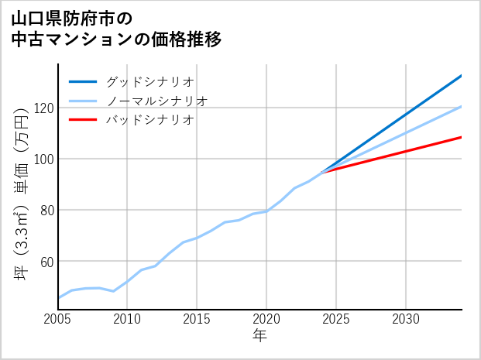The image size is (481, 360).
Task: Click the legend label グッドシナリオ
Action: (149, 81)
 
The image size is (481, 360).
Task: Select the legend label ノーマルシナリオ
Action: (156, 101)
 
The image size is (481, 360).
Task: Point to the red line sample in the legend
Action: (83, 120)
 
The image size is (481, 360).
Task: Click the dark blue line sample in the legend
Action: (83, 81)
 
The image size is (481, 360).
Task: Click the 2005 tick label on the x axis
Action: (58, 319)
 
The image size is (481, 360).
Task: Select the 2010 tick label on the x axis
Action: (127, 319)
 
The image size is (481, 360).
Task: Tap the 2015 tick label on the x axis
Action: (197, 319)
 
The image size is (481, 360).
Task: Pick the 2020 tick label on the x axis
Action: (266, 319)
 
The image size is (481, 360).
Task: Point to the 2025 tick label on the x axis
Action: (336, 319)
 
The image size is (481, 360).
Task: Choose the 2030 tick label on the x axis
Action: (406, 319)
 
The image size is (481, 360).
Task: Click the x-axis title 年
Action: (260, 336)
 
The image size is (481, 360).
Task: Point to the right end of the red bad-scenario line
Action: (461, 137)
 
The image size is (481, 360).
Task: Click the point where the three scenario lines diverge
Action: (322, 171)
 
